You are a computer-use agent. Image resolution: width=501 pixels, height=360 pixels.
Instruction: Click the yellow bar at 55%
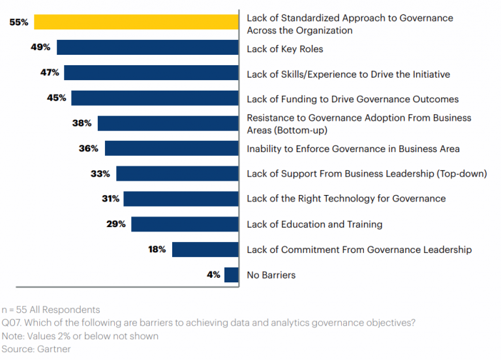coord(136,22)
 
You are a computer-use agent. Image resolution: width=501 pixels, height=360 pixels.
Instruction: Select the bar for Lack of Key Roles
coord(147,48)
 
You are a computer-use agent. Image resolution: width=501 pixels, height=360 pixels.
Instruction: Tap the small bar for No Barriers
coord(232,275)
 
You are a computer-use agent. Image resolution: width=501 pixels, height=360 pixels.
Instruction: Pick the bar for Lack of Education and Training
coord(185,224)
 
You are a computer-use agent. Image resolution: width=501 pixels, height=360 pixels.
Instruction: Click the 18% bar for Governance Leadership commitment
coord(205,249)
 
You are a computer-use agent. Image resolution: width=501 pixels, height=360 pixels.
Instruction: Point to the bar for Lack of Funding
coord(155,98)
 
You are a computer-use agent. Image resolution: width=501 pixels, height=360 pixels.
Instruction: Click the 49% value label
coord(40,48)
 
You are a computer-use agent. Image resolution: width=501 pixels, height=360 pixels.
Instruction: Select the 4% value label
coord(213,275)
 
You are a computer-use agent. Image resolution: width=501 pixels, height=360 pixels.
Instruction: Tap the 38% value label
coord(82,123)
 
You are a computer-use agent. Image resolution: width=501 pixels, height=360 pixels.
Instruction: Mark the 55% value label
coord(18,22)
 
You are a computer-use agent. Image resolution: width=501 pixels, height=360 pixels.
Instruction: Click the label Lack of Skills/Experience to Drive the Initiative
coord(348,74)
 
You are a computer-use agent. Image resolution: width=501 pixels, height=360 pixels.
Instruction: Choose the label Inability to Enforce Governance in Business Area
coord(353,149)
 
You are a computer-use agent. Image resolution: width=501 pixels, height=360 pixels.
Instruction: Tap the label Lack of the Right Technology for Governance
coord(346,199)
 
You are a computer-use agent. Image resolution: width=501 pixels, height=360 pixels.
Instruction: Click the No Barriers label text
coord(271,275)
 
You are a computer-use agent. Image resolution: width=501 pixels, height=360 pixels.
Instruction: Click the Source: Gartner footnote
coord(37,349)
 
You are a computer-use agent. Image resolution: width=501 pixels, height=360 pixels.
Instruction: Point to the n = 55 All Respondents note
coord(51,310)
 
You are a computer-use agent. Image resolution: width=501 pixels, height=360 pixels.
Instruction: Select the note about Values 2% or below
coord(79,336)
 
